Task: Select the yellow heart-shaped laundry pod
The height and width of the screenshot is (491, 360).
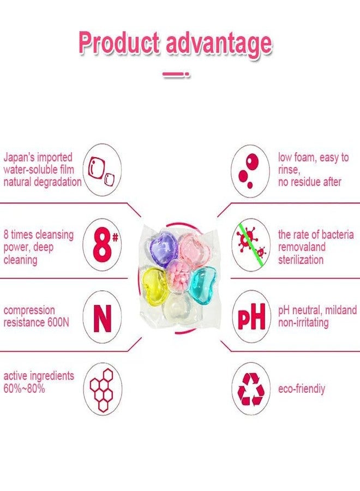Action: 154,283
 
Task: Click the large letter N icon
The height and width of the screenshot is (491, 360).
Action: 103,318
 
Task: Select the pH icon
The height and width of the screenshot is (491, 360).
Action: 251,317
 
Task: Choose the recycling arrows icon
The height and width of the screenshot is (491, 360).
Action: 251,388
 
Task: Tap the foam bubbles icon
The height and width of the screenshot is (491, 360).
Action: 249,171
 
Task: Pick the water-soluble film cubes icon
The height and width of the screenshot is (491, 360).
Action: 101,171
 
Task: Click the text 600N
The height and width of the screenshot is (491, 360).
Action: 58,322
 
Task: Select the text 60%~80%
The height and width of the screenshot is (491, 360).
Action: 24,388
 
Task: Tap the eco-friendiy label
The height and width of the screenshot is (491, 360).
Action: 302,389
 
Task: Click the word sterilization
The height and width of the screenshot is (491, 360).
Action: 301,260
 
